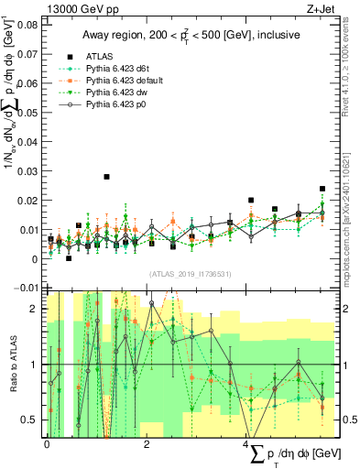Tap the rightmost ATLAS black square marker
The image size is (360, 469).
click(x=322, y=189)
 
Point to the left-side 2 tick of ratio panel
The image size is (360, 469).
click(x=37, y=310)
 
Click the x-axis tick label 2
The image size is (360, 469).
click(x=147, y=443)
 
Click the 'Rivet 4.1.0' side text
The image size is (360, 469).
click(x=351, y=64)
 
